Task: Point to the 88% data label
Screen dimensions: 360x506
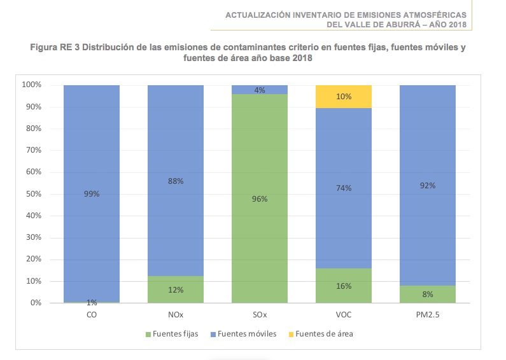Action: pyautogui.click(x=176, y=181)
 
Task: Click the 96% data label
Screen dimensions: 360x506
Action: pyautogui.click(x=260, y=199)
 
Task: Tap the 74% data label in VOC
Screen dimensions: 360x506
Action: pyautogui.click(x=344, y=188)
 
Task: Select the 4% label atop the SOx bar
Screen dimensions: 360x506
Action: pyautogui.click(x=260, y=90)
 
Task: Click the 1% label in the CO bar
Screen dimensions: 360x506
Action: pyautogui.click(x=92, y=302)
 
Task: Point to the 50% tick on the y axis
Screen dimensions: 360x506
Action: pyautogui.click(x=32, y=194)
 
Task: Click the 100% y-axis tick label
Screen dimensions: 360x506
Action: pyautogui.click(x=31, y=85)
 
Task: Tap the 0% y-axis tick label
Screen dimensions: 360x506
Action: pyautogui.click(x=34, y=303)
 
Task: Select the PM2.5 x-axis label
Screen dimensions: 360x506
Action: pyautogui.click(x=427, y=314)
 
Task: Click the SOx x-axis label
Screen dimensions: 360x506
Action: pyautogui.click(x=260, y=314)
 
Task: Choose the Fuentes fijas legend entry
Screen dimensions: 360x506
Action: pyautogui.click(x=172, y=334)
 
